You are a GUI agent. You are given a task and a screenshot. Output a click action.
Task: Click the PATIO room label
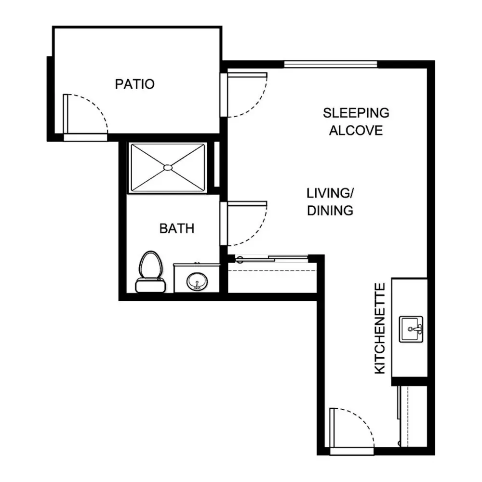coord(134,84)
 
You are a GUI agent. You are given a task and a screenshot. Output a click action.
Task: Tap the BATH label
coord(177,228)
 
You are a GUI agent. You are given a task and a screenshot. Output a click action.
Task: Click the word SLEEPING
coord(356,113)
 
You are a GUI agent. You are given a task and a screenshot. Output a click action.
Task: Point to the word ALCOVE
coord(356,130)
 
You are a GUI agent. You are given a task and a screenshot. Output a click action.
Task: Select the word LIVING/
coord(330,193)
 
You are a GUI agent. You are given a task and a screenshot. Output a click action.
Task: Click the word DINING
coord(330,211)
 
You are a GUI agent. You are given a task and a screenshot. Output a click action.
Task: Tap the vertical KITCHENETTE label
coord(380,328)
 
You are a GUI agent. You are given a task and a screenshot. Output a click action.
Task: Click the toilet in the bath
coord(150,272)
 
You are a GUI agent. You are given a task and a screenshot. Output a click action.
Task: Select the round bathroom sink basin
coord(197,281)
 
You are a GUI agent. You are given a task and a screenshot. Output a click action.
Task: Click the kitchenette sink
coord(411,329)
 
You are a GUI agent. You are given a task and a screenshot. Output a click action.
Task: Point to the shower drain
coord(168,168)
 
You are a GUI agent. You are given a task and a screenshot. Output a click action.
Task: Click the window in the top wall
coord(331,64)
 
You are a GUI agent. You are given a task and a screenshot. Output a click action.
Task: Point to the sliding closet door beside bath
coord(272,258)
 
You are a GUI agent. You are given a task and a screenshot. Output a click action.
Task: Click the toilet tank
coord(150,285)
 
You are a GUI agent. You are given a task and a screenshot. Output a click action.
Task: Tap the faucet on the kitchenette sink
coord(417,329)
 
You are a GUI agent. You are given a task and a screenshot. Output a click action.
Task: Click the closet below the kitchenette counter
coord(413,416)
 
